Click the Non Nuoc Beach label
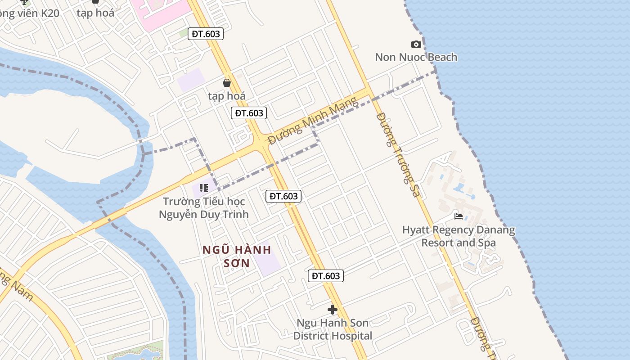[x=416, y=57]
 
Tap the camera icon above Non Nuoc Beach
[x=416, y=44]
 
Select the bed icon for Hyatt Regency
[x=459, y=216]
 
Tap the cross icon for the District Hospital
[x=333, y=310]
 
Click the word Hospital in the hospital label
[x=352, y=336]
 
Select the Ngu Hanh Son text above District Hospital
[x=333, y=323]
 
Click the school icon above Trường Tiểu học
[x=204, y=188]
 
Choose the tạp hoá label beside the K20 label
[x=95, y=13]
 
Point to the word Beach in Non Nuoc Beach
[x=442, y=57]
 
